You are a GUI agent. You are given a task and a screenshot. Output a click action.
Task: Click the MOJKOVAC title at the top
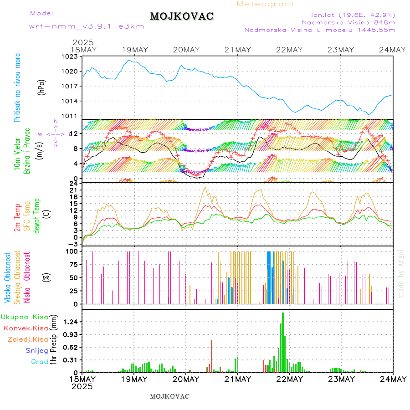point(182,16)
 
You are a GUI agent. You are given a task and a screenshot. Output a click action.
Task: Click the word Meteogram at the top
point(265,4)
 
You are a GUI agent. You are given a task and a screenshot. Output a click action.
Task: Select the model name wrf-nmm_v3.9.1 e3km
point(87,26)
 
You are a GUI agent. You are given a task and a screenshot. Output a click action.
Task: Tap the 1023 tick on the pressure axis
point(70,56)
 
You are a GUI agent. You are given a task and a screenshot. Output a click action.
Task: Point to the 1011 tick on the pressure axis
point(70,116)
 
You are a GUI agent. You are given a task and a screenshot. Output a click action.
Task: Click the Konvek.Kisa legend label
point(26,328)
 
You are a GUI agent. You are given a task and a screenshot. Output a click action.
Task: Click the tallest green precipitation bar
point(283,342)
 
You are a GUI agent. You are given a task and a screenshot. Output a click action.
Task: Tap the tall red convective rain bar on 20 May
point(211,356)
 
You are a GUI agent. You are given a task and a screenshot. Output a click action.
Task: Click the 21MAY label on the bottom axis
point(238,379)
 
